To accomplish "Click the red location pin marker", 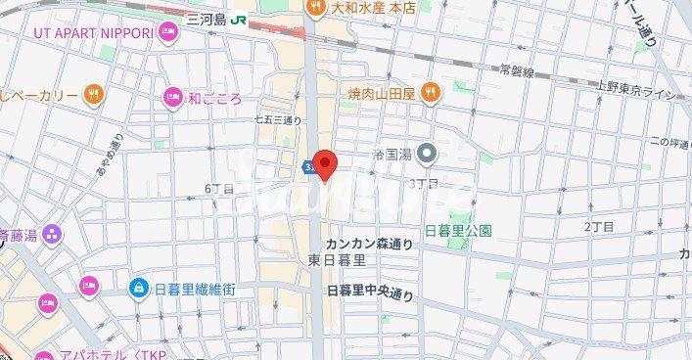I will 324,164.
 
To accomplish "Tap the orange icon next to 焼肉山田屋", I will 430,93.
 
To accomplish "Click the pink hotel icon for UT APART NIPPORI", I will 168,33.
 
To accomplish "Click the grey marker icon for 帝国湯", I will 426,153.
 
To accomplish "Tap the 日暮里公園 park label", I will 457,231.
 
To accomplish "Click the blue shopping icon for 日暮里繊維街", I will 139,289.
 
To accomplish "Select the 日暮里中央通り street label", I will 369,292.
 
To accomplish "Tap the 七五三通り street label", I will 276,118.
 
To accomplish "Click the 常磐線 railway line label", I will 516,70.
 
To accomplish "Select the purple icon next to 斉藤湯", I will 51,234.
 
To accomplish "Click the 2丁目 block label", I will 598,226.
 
